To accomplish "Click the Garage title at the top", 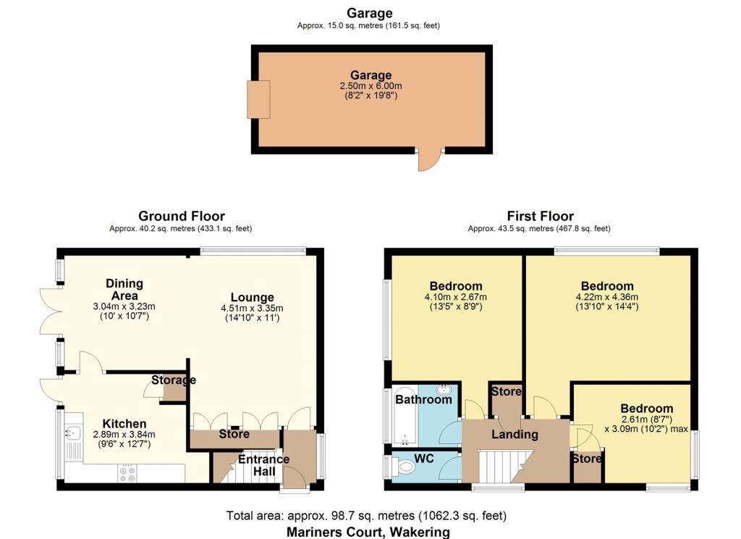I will tap(369, 13).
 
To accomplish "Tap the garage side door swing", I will tap(428, 161).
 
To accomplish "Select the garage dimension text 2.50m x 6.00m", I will tap(370, 85).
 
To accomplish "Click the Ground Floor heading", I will tap(181, 216).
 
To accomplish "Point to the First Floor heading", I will tap(539, 216).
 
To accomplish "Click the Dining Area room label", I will tap(124, 289).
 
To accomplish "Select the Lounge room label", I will tap(252, 297).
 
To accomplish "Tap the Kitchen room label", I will tap(124, 424).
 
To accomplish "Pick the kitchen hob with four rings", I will tap(127, 474).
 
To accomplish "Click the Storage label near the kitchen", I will tap(174, 380).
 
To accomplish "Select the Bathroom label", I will tap(423, 399).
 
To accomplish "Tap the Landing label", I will tap(515, 435).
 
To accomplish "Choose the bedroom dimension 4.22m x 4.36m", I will tap(606, 296).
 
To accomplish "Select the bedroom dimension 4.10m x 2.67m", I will tap(456, 296).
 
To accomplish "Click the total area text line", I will tap(366, 516).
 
